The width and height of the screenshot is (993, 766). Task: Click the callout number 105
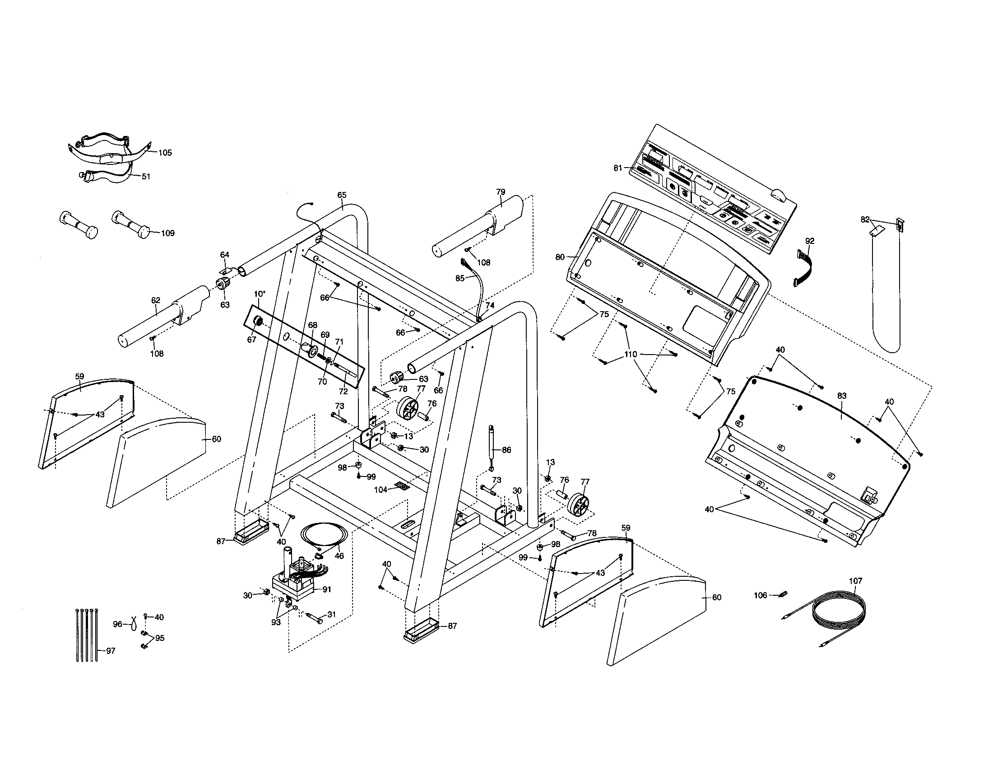tap(165, 153)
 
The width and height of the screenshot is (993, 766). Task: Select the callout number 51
tap(146, 177)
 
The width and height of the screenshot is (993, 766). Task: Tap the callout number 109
tap(168, 234)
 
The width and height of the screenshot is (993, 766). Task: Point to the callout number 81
tap(617, 168)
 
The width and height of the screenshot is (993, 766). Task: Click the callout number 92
tap(810, 241)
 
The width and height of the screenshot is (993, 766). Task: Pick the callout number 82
tap(865, 220)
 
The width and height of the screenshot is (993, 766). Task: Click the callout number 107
tap(855, 581)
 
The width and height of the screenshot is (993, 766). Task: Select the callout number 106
tap(760, 595)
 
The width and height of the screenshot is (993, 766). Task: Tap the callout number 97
tap(111, 651)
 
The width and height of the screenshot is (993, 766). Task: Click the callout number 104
tap(380, 490)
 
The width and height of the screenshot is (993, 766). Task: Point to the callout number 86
tap(506, 450)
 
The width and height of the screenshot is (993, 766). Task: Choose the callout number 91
tap(327, 589)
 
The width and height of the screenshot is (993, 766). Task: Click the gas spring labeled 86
tap(492, 445)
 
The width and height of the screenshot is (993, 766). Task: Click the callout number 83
tap(842, 396)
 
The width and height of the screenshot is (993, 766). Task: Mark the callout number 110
tap(631, 355)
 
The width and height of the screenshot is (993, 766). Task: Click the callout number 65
tap(342, 195)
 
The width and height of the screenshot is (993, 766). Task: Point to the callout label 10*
tap(259, 294)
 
